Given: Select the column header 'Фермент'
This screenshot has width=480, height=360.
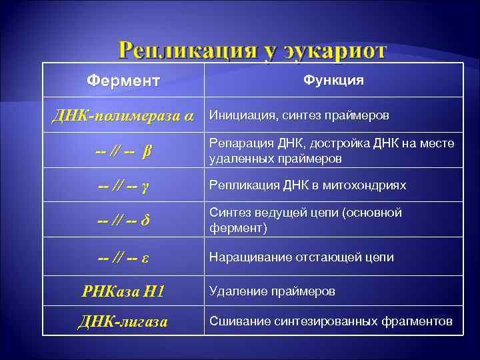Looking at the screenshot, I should (123, 81).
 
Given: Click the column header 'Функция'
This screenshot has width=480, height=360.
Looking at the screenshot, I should (333, 80).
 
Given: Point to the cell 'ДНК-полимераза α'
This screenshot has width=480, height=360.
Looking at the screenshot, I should (123, 115).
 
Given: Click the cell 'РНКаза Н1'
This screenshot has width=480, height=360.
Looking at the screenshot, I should (123, 291).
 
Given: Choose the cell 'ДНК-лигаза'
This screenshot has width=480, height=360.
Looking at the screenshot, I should (123, 322).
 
